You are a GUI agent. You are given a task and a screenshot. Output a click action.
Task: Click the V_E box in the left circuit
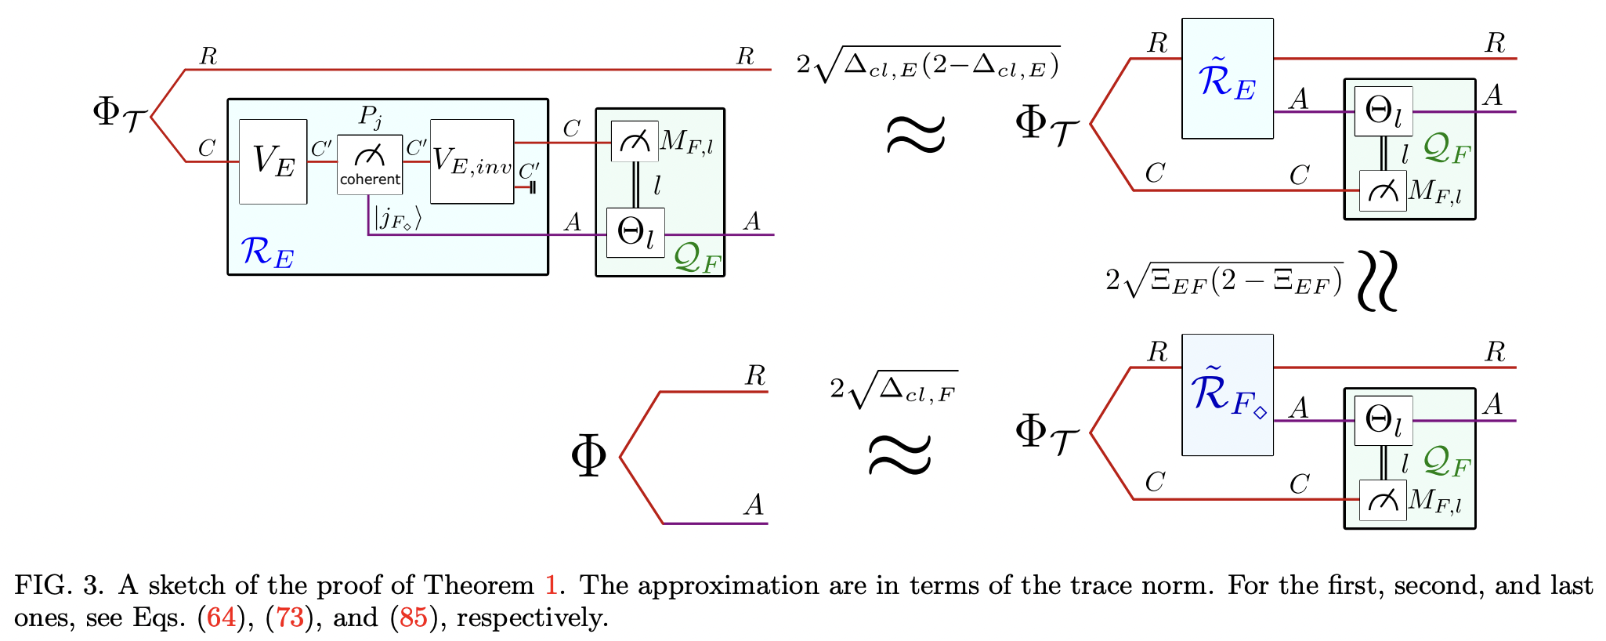point(273,161)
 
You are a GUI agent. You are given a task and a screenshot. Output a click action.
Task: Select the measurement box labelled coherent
point(370,164)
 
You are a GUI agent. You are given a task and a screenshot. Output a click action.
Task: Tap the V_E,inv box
point(472,161)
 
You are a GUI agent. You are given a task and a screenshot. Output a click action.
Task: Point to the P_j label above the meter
point(371,117)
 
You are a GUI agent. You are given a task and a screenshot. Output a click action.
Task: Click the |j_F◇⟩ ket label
point(397,217)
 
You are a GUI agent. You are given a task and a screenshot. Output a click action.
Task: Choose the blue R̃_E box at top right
point(1227,78)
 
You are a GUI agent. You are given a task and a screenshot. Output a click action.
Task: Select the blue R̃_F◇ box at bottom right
point(1227,394)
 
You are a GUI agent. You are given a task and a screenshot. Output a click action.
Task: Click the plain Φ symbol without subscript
point(589,456)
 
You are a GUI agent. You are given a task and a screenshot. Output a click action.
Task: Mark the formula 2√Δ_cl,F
point(893,389)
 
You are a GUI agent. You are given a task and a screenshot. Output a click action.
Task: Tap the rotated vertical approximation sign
point(1376,281)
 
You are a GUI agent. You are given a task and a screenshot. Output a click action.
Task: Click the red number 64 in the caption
point(221,618)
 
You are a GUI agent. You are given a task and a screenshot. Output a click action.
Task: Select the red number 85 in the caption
point(414,618)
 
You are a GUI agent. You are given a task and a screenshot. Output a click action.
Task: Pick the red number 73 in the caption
point(289,618)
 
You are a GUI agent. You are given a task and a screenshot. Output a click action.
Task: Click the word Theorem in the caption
point(479,585)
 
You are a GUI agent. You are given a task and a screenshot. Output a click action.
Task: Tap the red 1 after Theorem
point(551,585)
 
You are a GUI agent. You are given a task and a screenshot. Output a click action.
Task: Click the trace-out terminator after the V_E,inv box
point(532,187)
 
